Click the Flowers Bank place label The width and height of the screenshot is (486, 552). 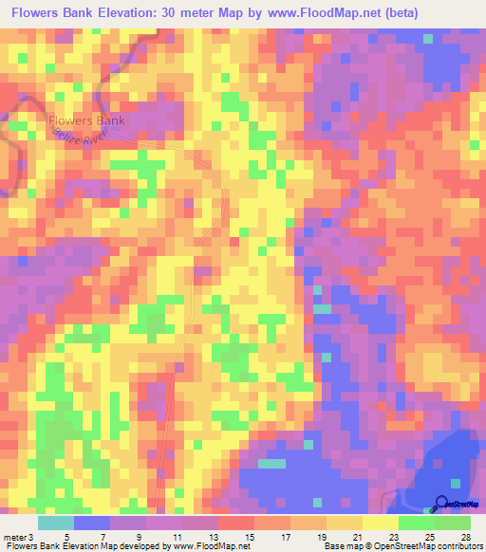[86, 121]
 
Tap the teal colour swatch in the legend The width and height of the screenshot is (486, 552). [56, 524]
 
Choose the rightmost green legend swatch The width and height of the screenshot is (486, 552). [453, 524]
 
